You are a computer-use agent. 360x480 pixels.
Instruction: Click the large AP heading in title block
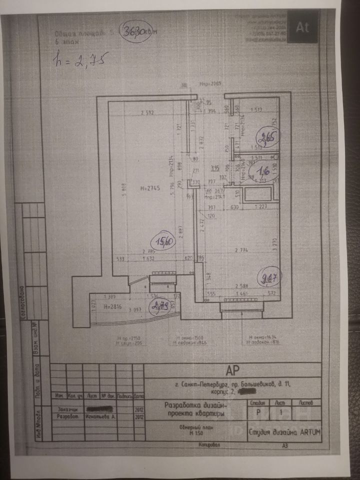point(232,370)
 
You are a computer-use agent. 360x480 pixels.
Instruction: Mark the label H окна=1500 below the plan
point(189,338)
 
